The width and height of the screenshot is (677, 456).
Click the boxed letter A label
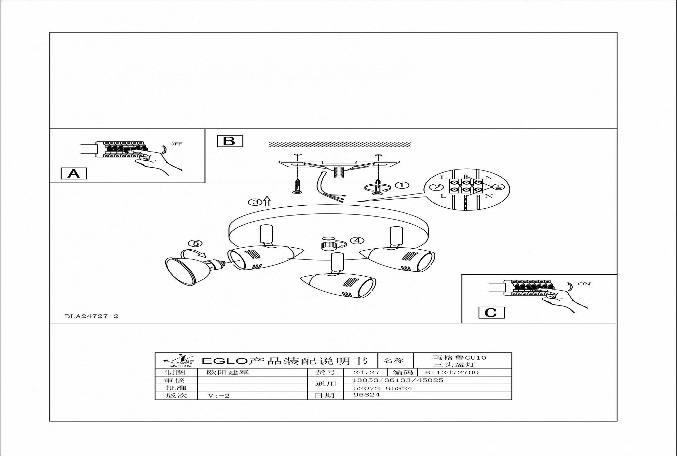(74, 174)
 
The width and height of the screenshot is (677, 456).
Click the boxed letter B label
(230, 141)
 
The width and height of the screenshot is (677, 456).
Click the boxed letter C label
(491, 313)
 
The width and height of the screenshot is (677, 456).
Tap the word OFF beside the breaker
(176, 144)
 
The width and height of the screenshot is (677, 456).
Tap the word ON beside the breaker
(584, 284)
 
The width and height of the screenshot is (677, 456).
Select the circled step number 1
(402, 185)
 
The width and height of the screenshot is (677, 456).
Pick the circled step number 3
(255, 202)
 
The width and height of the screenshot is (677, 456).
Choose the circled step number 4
(357, 241)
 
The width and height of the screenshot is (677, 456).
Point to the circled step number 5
(195, 244)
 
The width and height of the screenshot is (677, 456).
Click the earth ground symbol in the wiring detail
(498, 187)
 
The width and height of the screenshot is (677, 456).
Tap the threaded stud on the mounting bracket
(338, 172)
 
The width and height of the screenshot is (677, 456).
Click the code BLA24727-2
(91, 316)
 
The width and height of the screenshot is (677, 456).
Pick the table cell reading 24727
(362, 372)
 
